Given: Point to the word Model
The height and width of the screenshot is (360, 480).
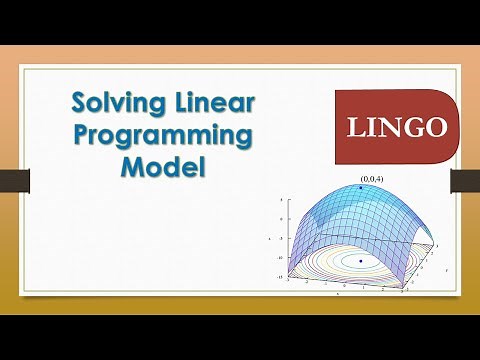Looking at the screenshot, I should point(163,167).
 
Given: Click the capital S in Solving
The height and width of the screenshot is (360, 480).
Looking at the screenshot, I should point(78,102).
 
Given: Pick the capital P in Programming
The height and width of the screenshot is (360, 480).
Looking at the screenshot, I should point(83,134).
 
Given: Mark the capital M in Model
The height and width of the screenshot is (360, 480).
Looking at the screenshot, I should point(133,167).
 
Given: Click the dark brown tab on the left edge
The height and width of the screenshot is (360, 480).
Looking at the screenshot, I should point(13,180).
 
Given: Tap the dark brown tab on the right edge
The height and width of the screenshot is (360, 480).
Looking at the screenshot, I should point(465,180).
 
